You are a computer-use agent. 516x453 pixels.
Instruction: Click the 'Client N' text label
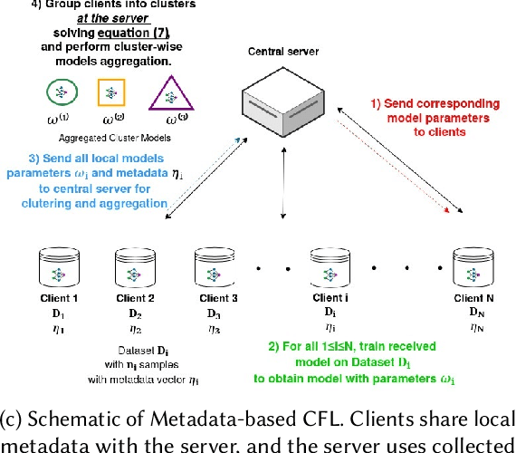pyautogui.click(x=477, y=299)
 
